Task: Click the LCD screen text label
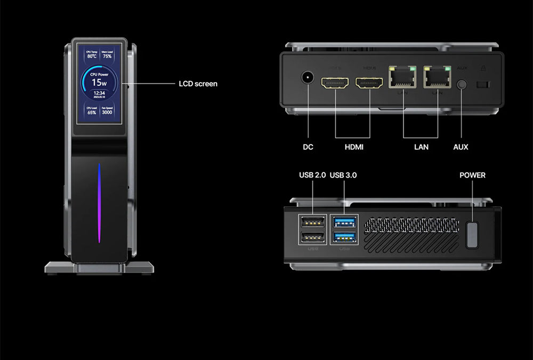197,84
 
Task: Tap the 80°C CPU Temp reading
92,55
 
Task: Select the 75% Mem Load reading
107,55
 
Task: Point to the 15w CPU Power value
99,82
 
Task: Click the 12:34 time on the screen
99,93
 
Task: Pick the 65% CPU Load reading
92,113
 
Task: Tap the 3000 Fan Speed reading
107,113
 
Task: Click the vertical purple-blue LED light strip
99,203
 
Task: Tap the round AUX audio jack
462,84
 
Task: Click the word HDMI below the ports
354,147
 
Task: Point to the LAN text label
421,147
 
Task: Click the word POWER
472,175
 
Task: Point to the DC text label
308,147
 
